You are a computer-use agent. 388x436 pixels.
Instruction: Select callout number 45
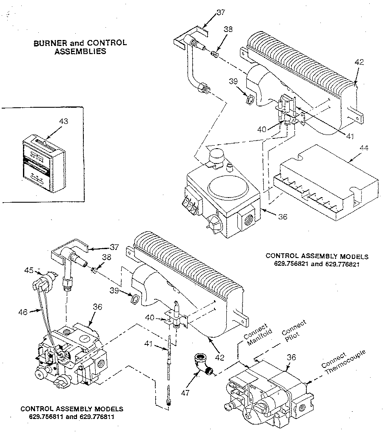point(29,270)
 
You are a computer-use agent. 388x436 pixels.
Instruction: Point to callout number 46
point(23,312)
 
